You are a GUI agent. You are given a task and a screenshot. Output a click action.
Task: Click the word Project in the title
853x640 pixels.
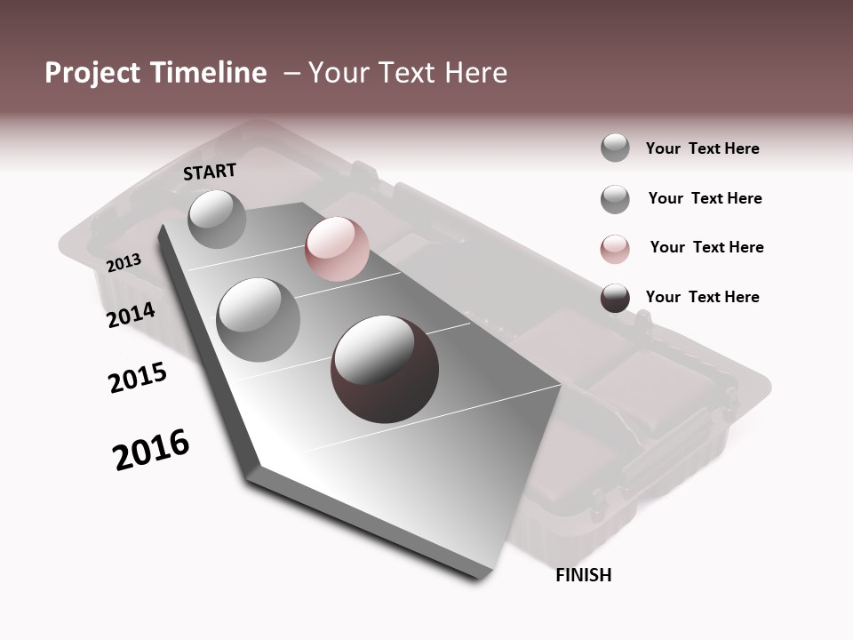pyautogui.click(x=90, y=73)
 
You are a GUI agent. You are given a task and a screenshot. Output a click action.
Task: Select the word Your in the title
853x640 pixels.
pyautogui.click(x=339, y=73)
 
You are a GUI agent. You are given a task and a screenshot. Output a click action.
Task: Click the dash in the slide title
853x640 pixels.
pyautogui.click(x=291, y=73)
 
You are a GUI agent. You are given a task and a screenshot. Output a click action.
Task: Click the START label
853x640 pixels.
pyautogui.click(x=210, y=172)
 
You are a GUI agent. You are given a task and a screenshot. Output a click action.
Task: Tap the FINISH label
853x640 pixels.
pyautogui.click(x=583, y=575)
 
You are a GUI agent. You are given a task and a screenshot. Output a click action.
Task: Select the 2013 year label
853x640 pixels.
pyautogui.click(x=124, y=262)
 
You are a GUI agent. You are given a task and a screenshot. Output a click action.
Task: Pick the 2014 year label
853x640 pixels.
pyautogui.click(x=131, y=315)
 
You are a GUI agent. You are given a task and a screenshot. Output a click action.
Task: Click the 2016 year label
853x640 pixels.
pyautogui.click(x=151, y=450)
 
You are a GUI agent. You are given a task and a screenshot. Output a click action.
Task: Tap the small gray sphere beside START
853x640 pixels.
pyautogui.click(x=217, y=219)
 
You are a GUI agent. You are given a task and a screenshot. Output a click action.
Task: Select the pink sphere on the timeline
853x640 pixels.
pyautogui.click(x=337, y=249)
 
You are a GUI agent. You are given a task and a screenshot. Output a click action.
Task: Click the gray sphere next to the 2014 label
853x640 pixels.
pyautogui.click(x=258, y=319)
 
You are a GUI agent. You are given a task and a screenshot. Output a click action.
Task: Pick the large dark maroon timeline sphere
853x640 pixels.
pyautogui.click(x=385, y=368)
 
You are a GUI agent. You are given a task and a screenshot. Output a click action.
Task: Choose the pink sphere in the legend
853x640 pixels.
pyautogui.click(x=615, y=248)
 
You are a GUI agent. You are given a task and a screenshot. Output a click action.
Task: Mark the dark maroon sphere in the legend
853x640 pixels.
pyautogui.click(x=615, y=298)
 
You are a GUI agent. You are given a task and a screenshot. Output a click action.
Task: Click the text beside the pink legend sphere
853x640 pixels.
pyautogui.click(x=706, y=247)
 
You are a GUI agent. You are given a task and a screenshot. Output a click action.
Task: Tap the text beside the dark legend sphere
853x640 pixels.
pyautogui.click(x=702, y=297)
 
